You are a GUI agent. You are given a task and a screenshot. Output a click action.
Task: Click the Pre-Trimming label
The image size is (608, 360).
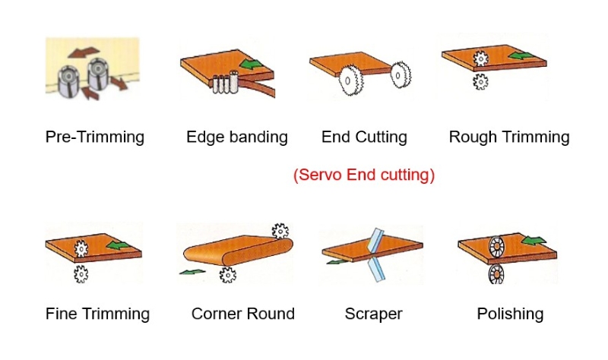(95, 137)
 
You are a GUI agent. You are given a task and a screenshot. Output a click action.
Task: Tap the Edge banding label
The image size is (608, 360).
(237, 137)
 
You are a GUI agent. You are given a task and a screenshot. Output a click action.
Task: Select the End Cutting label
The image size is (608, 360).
(364, 137)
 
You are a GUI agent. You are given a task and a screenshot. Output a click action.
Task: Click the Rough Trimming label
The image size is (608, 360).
(509, 137)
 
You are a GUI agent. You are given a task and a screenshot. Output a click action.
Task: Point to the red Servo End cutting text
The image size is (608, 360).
(364, 175)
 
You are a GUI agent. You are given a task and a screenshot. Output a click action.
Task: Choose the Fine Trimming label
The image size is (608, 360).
(97, 314)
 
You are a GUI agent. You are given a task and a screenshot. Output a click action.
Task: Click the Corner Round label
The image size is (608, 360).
(243, 314)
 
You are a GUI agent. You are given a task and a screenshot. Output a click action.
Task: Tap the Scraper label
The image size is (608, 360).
(373, 314)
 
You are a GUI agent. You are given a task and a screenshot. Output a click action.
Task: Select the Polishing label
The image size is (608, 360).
(510, 314)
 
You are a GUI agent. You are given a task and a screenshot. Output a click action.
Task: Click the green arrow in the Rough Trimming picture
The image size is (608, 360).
(521, 55)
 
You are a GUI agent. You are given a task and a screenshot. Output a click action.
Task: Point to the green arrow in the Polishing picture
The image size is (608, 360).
(535, 242)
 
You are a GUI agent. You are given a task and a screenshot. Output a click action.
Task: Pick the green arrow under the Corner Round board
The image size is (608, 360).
(192, 270)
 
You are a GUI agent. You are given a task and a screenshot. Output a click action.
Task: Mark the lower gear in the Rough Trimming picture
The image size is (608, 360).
(480, 81)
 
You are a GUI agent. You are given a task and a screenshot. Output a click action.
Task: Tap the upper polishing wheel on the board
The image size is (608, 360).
(497, 247)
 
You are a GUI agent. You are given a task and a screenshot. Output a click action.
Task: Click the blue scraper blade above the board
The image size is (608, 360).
(373, 240)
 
